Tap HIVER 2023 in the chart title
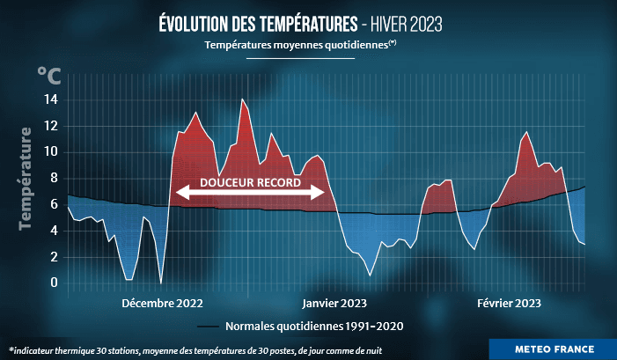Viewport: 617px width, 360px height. click(414, 22)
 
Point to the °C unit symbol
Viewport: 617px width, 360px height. click(49, 77)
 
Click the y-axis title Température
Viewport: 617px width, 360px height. click(26, 180)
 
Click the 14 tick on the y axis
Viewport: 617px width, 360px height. click(51, 100)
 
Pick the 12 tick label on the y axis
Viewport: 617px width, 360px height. click(51, 126)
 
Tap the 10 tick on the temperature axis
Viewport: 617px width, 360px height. click(51, 152)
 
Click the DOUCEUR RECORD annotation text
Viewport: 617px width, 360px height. click(252, 184)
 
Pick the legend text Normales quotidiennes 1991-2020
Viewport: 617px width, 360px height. click(314, 327)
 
